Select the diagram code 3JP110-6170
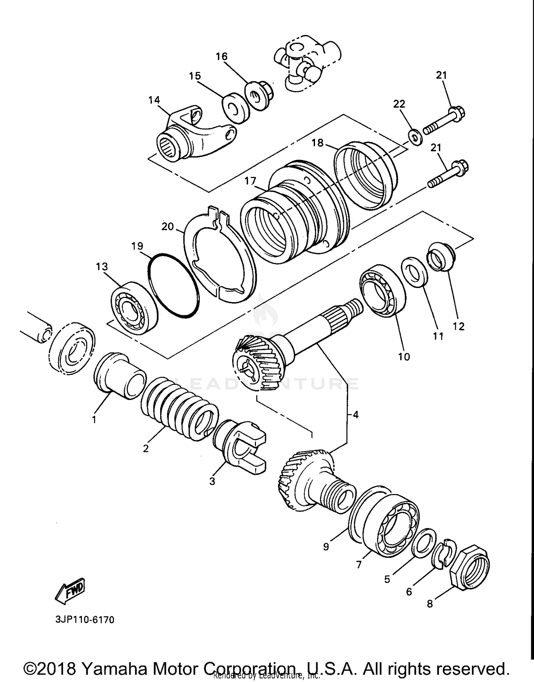[85, 620]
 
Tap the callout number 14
[154, 100]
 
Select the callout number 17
[250, 181]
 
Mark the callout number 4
[355, 414]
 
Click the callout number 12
[459, 326]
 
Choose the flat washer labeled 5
[424, 543]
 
